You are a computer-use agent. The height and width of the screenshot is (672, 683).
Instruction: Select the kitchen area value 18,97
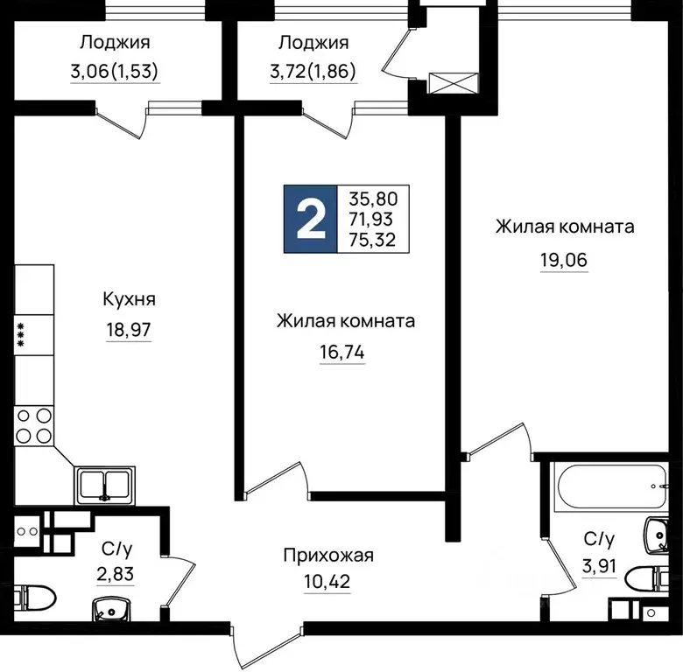pyautogui.click(x=129, y=332)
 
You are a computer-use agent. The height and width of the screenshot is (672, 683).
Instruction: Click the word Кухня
pyautogui.click(x=129, y=299)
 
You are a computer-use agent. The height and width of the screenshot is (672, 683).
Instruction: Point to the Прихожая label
pyautogui.click(x=328, y=555)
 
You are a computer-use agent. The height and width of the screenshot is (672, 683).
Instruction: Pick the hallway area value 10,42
pyautogui.click(x=328, y=580)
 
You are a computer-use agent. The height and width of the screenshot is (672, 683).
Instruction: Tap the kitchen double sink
pyautogui.click(x=104, y=484)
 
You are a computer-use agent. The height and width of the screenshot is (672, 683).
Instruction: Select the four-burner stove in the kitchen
pyautogui.click(x=34, y=425)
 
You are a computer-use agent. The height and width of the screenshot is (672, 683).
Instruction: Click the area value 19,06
pyautogui.click(x=565, y=259)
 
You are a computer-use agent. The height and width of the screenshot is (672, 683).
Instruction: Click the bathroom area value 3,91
pyautogui.click(x=603, y=564)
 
